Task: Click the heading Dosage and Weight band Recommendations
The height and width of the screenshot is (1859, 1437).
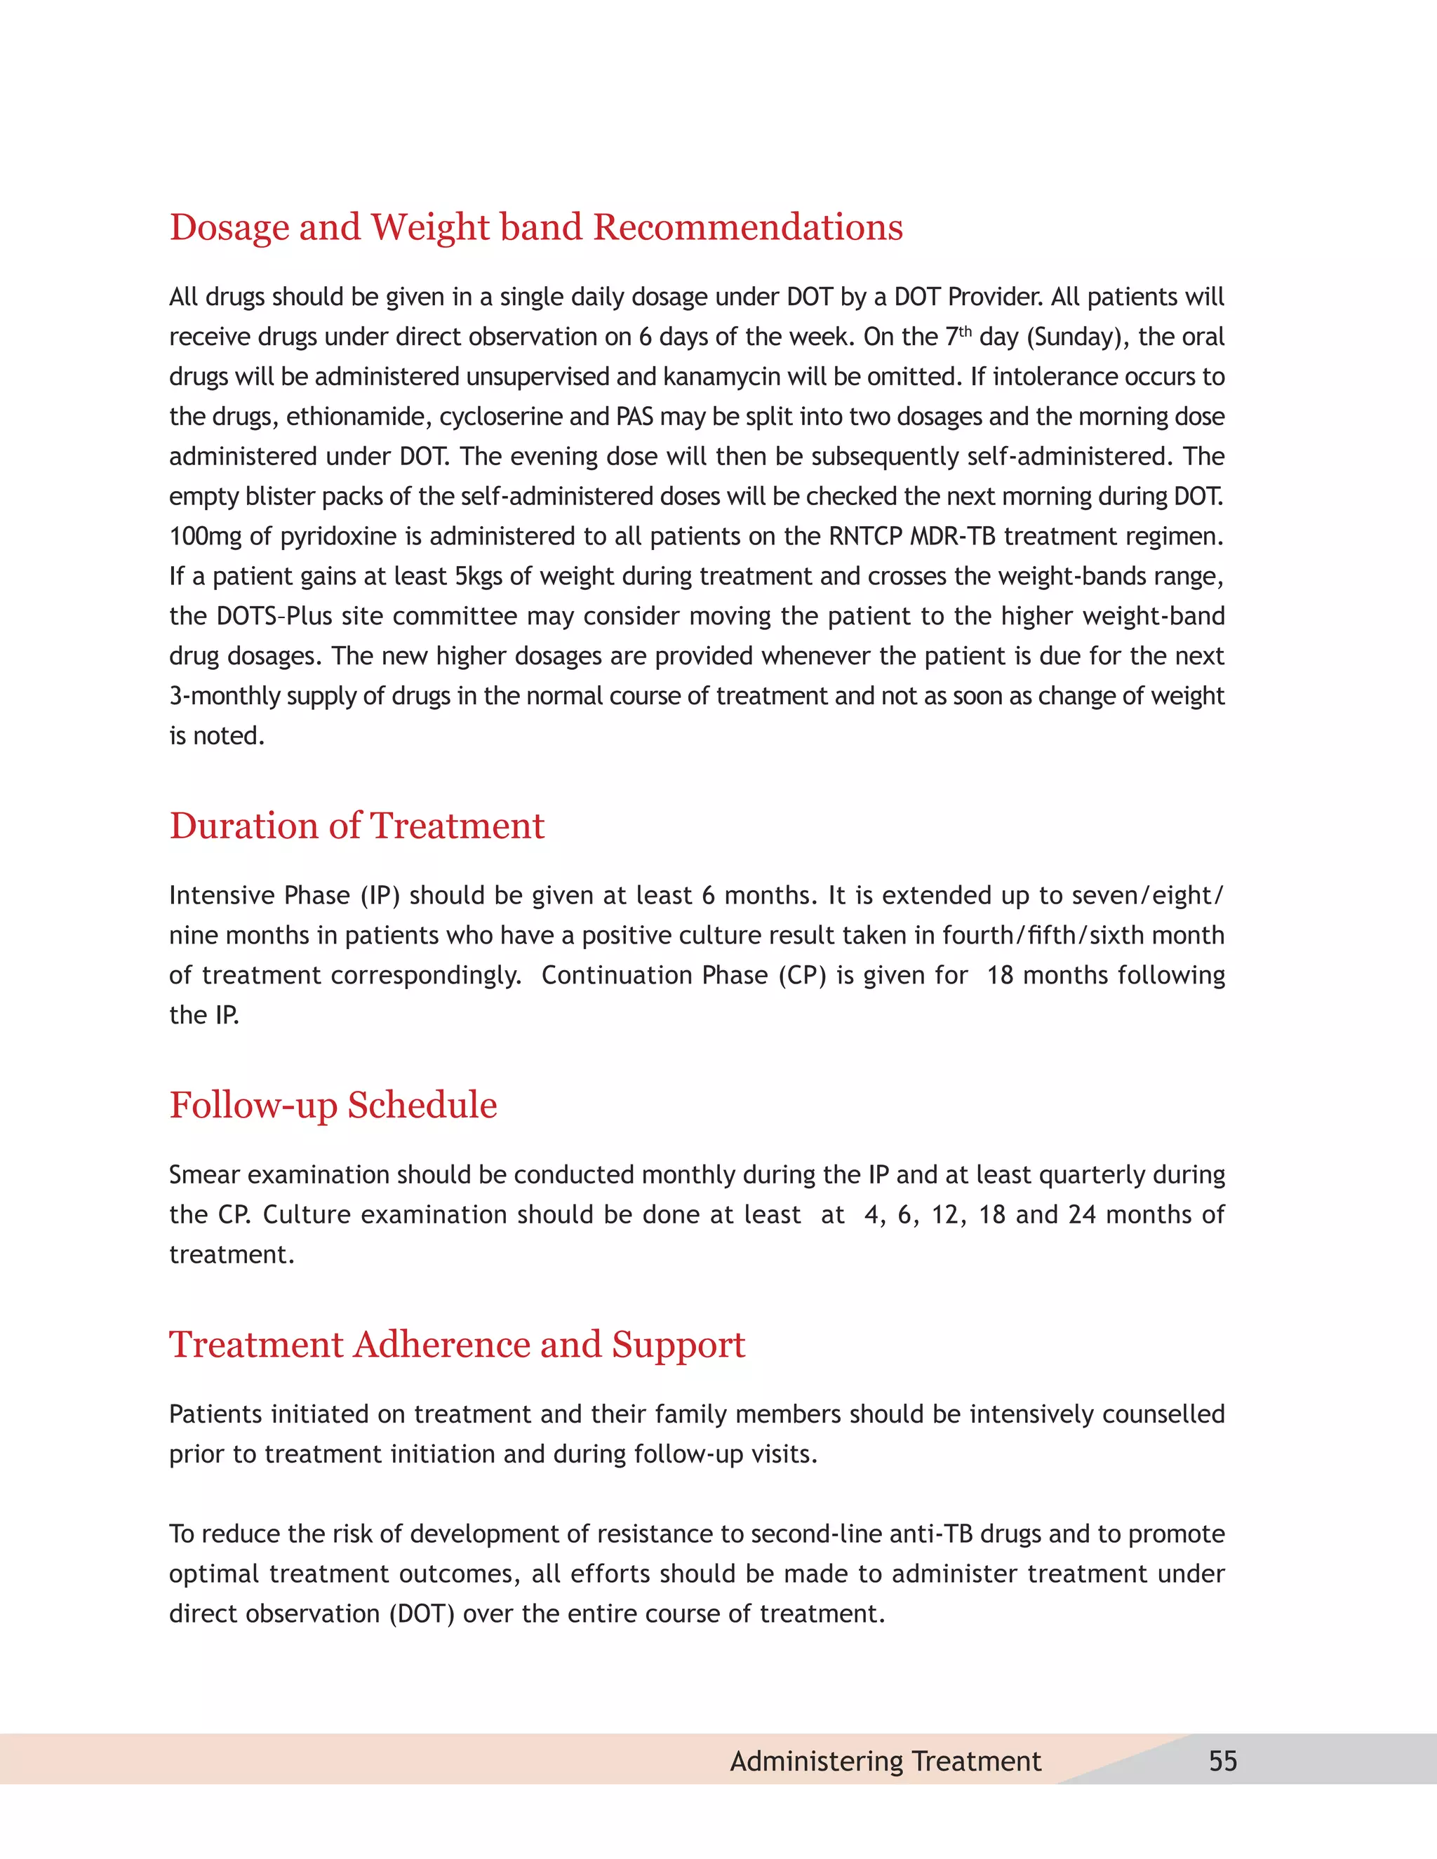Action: (x=535, y=227)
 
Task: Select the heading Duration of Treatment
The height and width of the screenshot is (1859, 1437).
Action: (x=356, y=826)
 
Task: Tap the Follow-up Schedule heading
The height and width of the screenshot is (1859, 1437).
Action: (x=333, y=1106)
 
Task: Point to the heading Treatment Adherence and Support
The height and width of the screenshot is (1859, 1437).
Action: (x=457, y=1345)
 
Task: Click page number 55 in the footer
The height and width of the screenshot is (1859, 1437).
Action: (x=1222, y=1760)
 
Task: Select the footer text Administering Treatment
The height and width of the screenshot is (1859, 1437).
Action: (x=885, y=1760)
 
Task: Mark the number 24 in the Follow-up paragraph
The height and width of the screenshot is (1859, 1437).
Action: (x=1082, y=1214)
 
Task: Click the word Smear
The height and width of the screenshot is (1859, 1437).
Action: (x=204, y=1174)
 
